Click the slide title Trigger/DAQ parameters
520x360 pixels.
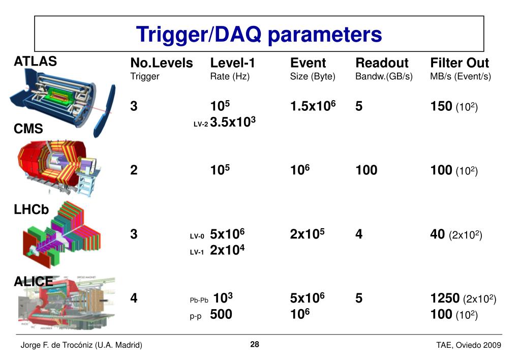click(259, 35)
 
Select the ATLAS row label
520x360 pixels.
click(35, 62)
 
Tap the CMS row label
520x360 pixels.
click(28, 129)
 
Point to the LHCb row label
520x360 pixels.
click(32, 209)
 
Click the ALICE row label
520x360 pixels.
click(33, 281)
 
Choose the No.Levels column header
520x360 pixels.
click(162, 63)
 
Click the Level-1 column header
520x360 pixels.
click(233, 63)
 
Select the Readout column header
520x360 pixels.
click(382, 63)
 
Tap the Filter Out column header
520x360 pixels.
click(460, 63)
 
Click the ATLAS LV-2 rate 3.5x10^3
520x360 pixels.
click(232, 123)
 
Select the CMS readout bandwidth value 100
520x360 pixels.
click(366, 170)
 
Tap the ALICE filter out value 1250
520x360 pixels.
click(445, 298)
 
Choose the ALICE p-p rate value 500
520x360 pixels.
click(221, 314)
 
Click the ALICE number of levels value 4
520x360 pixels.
click(134, 298)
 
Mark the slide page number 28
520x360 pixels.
click(255, 345)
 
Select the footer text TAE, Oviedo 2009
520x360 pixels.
click(469, 345)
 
